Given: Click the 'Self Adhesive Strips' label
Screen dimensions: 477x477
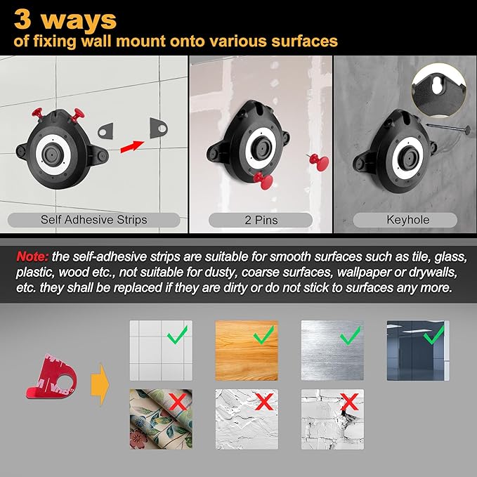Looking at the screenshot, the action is [93, 220].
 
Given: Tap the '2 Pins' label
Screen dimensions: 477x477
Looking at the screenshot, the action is [261, 220].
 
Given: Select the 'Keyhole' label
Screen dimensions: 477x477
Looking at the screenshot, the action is [408, 220].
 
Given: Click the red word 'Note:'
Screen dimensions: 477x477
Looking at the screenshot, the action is [32, 256].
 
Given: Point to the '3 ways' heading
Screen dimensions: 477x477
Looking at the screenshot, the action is [65, 20].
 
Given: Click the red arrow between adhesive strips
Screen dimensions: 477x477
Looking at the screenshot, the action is [132, 147].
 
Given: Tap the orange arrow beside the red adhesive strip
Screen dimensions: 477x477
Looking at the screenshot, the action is [100, 384].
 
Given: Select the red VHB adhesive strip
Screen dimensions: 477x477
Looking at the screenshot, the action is [52, 377].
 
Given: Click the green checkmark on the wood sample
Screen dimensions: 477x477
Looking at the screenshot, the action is [263, 334].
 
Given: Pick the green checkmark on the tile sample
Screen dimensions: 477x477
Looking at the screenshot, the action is [177, 334].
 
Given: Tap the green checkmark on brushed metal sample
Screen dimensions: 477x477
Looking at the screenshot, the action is [350, 335].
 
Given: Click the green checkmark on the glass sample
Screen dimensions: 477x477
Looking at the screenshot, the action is [434, 334].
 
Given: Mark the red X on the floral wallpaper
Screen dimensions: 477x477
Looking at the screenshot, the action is [178, 402].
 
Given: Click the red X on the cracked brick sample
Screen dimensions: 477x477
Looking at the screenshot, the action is [349, 402].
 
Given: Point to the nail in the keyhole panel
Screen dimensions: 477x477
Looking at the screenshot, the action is [447, 128].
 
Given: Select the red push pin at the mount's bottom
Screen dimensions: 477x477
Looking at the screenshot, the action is [263, 181].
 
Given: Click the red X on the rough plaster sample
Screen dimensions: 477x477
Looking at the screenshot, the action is [263, 402].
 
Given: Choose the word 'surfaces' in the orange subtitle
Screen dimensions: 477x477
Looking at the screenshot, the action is [304, 41].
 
